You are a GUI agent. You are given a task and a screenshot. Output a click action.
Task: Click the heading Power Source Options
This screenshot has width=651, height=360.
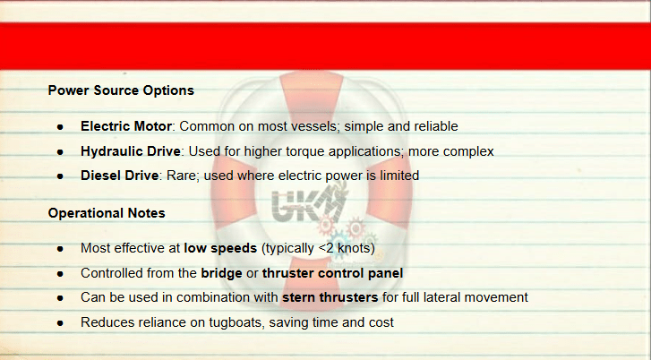point(121,90)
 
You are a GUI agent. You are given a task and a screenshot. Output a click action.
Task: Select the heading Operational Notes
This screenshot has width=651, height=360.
point(107,213)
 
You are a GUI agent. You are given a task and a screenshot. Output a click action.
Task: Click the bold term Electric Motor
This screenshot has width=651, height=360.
point(125,126)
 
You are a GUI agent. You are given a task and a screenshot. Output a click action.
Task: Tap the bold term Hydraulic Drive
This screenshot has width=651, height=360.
point(131,151)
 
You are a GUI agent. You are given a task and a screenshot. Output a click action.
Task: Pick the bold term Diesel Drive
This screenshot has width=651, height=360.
point(120,176)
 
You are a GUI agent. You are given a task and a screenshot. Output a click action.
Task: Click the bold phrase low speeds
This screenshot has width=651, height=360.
point(220,249)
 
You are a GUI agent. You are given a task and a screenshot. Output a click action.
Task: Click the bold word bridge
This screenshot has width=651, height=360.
point(221,274)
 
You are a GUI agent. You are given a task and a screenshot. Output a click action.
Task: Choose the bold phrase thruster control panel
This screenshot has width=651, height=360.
point(332,274)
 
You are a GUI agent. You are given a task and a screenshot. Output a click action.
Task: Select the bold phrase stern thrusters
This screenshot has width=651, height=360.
point(330,297)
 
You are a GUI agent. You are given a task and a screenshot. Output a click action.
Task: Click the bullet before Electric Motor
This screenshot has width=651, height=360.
point(61,127)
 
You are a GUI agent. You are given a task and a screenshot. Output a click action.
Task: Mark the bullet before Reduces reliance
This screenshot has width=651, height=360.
point(61,323)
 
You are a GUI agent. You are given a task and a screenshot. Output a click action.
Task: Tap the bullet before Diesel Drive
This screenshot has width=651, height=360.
point(61,176)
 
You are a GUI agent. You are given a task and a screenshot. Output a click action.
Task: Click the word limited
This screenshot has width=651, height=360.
point(399,176)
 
